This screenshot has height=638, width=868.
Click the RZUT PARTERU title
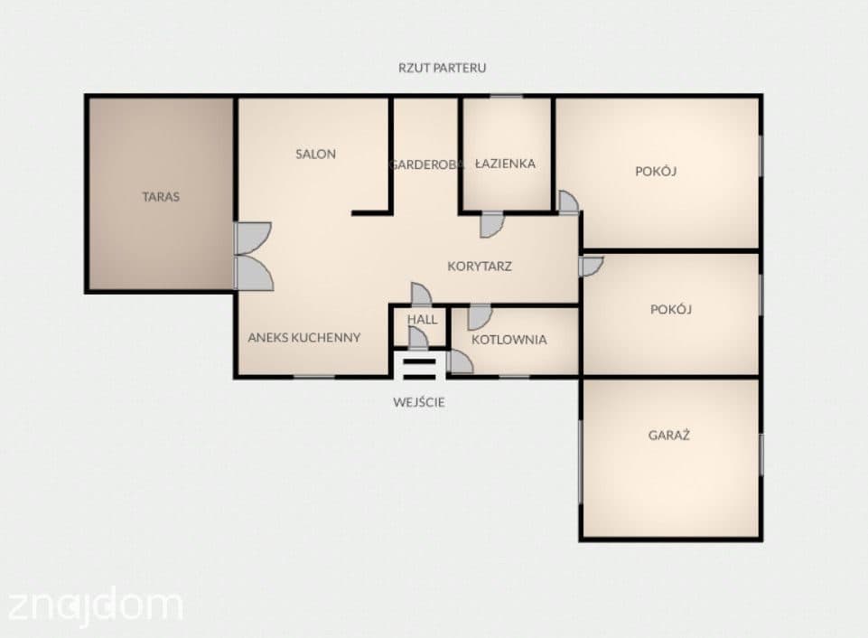click(443, 68)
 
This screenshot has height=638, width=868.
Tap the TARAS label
click(161, 197)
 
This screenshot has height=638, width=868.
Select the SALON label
click(315, 154)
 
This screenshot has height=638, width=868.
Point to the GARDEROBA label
click(425, 164)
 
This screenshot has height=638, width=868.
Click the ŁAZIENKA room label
click(506, 164)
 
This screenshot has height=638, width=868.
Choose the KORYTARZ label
click(480, 267)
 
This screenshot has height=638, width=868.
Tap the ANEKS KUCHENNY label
click(303, 337)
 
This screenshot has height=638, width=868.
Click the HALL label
click(423, 320)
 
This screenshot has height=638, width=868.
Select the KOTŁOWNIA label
click(509, 340)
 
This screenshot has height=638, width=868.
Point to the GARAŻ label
click(668, 435)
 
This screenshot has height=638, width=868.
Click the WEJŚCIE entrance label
click(419, 402)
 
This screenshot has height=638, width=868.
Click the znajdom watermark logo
click(95, 605)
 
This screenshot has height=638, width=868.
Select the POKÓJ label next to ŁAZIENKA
click(656, 171)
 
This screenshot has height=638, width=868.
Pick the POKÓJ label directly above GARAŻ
click(671, 309)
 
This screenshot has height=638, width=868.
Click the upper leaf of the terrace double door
click(252, 238)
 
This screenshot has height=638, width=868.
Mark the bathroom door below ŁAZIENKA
click(491, 224)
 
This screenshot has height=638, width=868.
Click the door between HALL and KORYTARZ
click(421, 294)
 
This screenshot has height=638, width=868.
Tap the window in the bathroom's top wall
click(506, 97)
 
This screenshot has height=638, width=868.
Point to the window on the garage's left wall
click(581, 462)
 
